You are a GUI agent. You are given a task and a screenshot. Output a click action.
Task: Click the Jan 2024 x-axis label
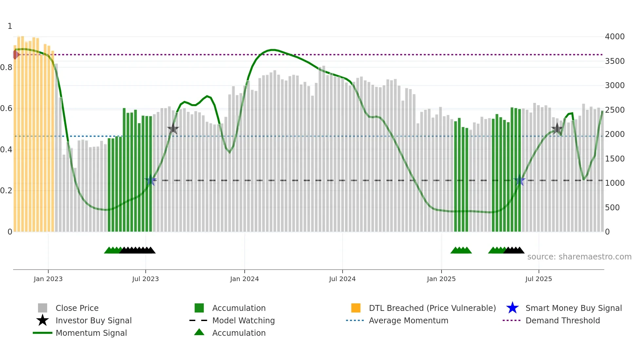pyautogui.click(x=244, y=279)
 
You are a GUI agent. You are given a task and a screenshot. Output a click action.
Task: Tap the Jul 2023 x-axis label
pyautogui.click(x=145, y=279)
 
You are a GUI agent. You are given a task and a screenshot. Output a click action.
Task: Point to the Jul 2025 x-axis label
pyautogui.click(x=538, y=279)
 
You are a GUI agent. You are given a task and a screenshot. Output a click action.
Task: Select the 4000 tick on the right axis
pyautogui.click(x=614, y=37)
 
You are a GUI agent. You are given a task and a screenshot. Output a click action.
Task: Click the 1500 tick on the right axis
pyautogui.click(x=614, y=159)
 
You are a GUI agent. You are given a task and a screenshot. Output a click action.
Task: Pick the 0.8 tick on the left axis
pyautogui.click(x=6, y=67)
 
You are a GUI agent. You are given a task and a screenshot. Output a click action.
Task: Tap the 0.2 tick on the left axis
pyautogui.click(x=6, y=191)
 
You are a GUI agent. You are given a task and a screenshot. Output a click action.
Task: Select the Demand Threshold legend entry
pyautogui.click(x=562, y=320)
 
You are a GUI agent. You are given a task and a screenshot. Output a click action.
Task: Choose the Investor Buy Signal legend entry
pyautogui.click(x=93, y=320)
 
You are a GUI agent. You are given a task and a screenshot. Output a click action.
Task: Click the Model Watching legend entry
pyautogui.click(x=243, y=320)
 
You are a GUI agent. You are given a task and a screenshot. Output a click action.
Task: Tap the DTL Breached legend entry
pyautogui.click(x=432, y=308)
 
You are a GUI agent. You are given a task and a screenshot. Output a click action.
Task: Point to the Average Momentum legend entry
pyautogui.click(x=408, y=320)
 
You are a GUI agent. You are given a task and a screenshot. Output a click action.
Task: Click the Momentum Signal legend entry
pyautogui.click(x=91, y=333)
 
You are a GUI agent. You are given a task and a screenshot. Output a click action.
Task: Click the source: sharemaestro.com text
pyautogui.click(x=579, y=256)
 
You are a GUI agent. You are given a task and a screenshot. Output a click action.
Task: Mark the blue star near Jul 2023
pyautogui.click(x=151, y=180)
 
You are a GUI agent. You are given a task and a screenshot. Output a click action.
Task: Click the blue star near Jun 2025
pyautogui.click(x=519, y=180)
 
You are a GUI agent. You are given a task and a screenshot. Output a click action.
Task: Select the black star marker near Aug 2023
pyautogui.click(x=173, y=129)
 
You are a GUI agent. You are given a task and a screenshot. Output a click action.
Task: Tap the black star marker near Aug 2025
pyautogui.click(x=557, y=128)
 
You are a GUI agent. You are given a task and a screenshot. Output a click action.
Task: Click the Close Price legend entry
pyautogui.click(x=77, y=308)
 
